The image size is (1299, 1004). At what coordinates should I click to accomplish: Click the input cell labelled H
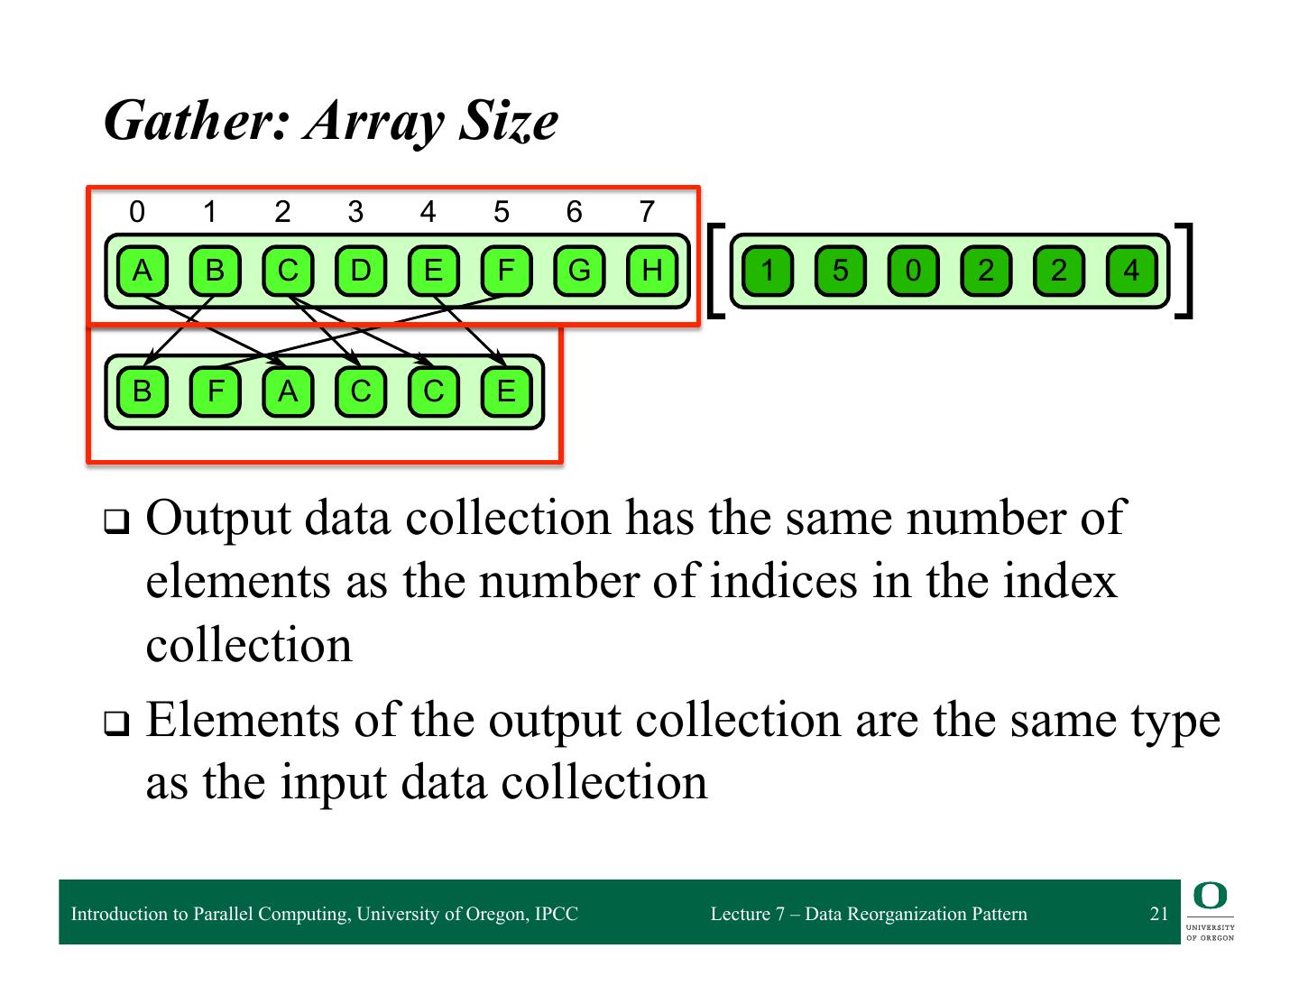tap(651, 271)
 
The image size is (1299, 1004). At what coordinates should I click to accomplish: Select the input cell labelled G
tap(578, 271)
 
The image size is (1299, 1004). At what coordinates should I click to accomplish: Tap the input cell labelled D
tap(360, 271)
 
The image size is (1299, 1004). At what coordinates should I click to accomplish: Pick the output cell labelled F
tap(215, 391)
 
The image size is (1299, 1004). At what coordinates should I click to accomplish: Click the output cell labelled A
tap(288, 391)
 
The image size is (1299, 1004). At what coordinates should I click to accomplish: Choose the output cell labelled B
tap(142, 391)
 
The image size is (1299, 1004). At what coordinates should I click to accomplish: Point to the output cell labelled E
tap(506, 391)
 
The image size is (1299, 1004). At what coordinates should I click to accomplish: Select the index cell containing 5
tap(840, 271)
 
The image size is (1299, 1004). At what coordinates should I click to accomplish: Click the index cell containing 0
tap(913, 271)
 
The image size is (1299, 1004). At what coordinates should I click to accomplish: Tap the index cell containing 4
tap(1131, 271)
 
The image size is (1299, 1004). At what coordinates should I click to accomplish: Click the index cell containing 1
tap(767, 271)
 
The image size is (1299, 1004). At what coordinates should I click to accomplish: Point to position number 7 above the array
tap(646, 212)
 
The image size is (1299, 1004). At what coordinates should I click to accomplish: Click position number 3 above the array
tap(355, 212)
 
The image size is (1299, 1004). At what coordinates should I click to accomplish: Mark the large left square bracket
tap(715, 271)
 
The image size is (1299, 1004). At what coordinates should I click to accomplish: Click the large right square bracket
tap(1185, 271)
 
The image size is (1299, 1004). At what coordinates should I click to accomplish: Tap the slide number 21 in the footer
tap(1159, 914)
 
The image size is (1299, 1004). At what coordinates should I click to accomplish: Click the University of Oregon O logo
tap(1210, 897)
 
